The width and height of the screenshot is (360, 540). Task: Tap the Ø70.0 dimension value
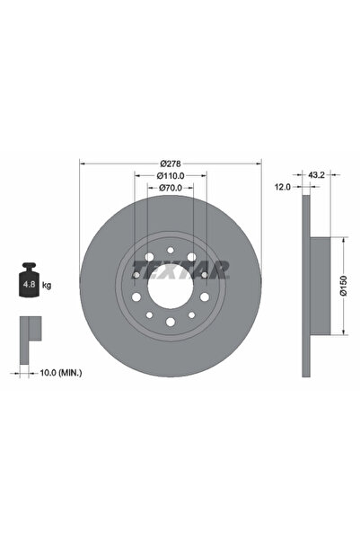tap(171, 188)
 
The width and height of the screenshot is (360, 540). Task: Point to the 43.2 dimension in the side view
tap(316, 174)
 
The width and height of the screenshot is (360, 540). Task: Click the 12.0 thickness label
tap(284, 187)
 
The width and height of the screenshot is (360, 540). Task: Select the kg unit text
tap(47, 285)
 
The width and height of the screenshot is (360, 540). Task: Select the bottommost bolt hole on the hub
tap(171, 322)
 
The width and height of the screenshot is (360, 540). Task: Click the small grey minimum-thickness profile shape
tap(31, 333)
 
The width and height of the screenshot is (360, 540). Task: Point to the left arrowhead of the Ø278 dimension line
tap(83, 164)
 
